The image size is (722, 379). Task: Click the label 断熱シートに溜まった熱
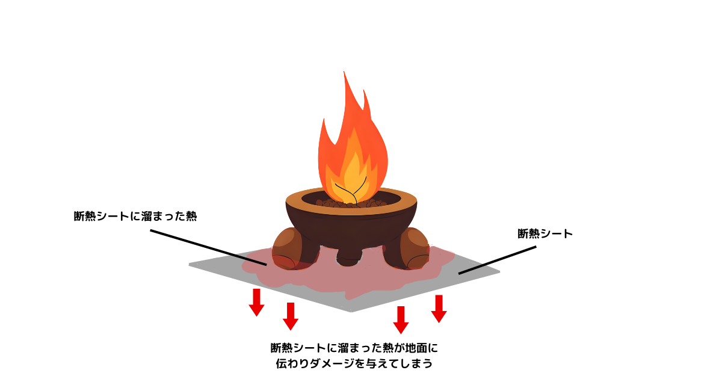(135, 216)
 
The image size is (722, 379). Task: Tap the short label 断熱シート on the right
(545, 234)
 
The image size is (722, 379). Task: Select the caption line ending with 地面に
(354, 348)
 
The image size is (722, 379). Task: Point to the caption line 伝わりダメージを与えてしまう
(354, 363)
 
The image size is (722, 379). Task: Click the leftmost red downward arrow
(256, 302)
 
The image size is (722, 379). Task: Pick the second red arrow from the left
(291, 316)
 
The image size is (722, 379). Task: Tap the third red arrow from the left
(401, 319)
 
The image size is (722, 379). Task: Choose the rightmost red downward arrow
(439, 309)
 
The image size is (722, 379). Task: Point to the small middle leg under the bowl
(350, 256)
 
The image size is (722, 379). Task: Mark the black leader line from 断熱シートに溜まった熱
(208, 247)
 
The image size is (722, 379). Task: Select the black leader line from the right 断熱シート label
(498, 260)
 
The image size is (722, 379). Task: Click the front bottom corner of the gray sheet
(351, 312)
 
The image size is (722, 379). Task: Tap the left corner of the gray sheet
(190, 265)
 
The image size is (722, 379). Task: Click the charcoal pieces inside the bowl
(351, 203)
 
